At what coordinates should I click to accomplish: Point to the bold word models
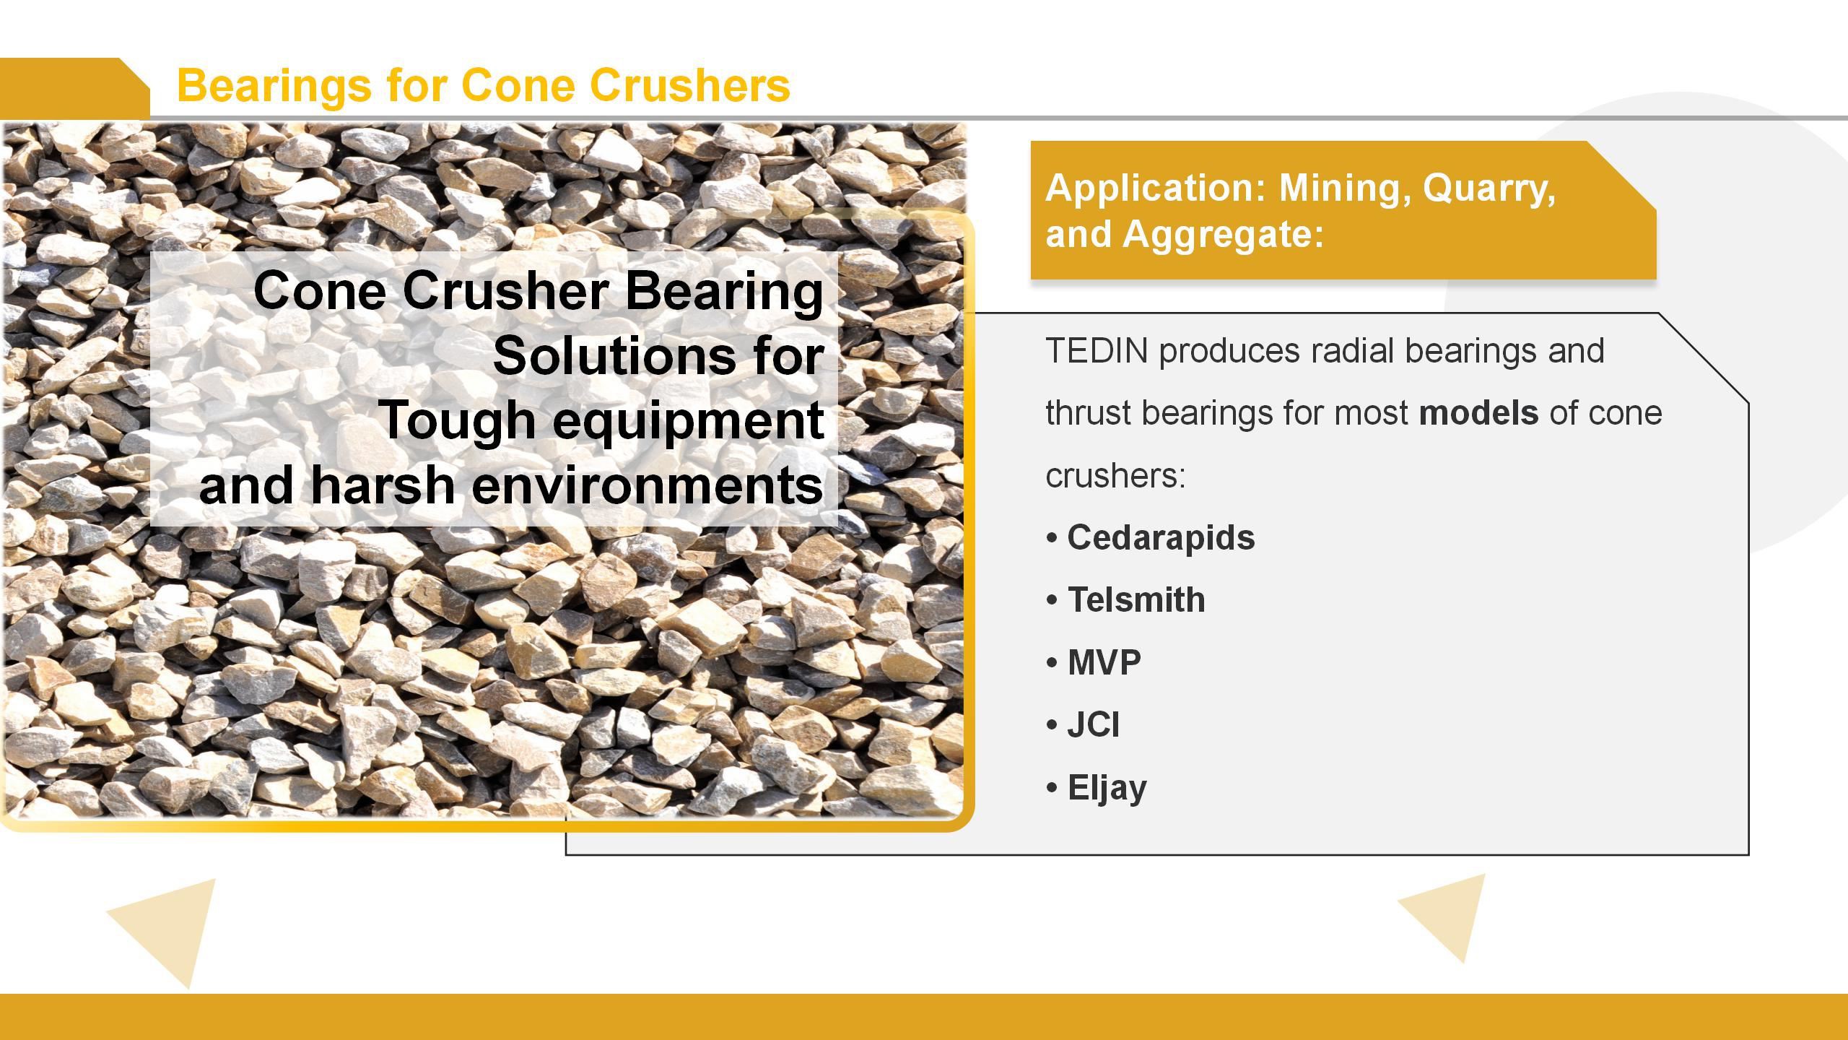[1478, 413]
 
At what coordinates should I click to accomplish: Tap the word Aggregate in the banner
[1223, 234]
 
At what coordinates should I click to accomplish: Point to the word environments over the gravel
[647, 485]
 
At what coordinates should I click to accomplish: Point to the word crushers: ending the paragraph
[1115, 476]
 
